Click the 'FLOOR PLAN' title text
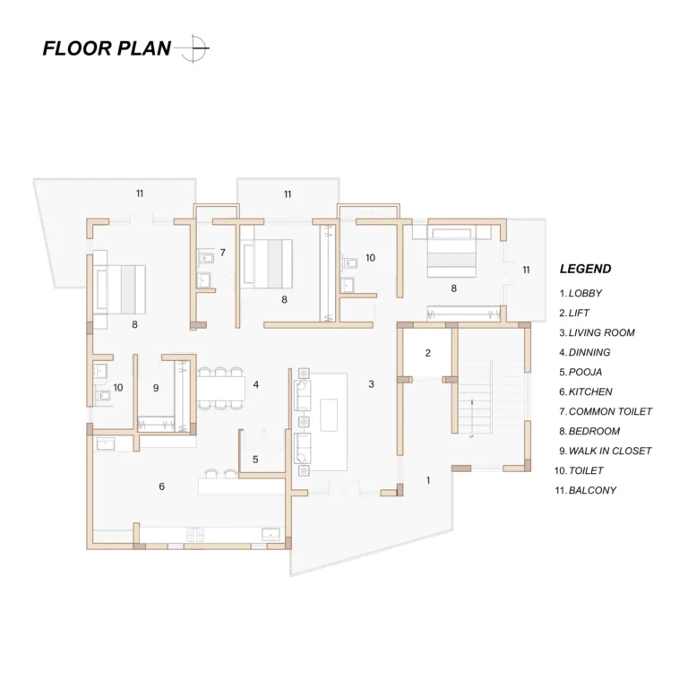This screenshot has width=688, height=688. [107, 48]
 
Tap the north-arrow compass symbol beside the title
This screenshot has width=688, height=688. [193, 48]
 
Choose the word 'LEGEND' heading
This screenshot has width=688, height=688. [585, 269]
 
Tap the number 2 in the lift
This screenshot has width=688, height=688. [428, 353]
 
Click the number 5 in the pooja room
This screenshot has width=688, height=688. [255, 460]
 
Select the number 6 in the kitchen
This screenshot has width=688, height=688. [161, 486]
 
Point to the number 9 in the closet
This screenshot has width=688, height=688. [156, 388]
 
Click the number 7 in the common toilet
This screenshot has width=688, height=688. [222, 253]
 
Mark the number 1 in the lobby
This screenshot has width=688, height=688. [428, 480]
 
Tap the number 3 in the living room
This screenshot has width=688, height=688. [371, 384]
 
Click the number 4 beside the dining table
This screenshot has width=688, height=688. [256, 384]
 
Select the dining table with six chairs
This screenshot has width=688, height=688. [220, 388]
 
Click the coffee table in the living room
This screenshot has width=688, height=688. [329, 415]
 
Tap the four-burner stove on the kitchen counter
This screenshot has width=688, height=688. [195, 534]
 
